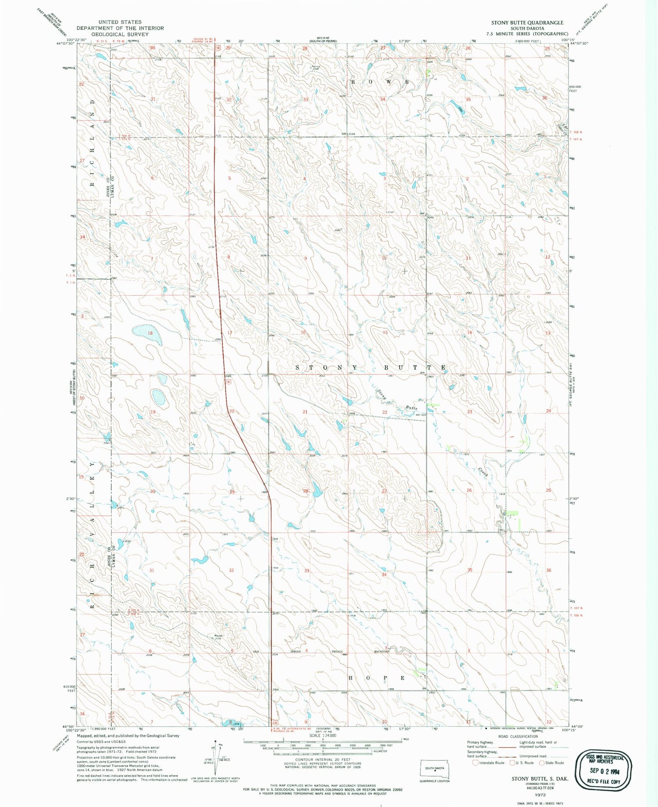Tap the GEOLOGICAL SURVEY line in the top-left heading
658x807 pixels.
coord(120,34)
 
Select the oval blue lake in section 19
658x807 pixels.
coord(158,397)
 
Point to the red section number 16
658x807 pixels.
coord(303,332)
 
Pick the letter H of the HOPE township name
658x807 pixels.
coord(351,678)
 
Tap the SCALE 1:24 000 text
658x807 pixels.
coord(322,735)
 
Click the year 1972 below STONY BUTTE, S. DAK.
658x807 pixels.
coord(540,795)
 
